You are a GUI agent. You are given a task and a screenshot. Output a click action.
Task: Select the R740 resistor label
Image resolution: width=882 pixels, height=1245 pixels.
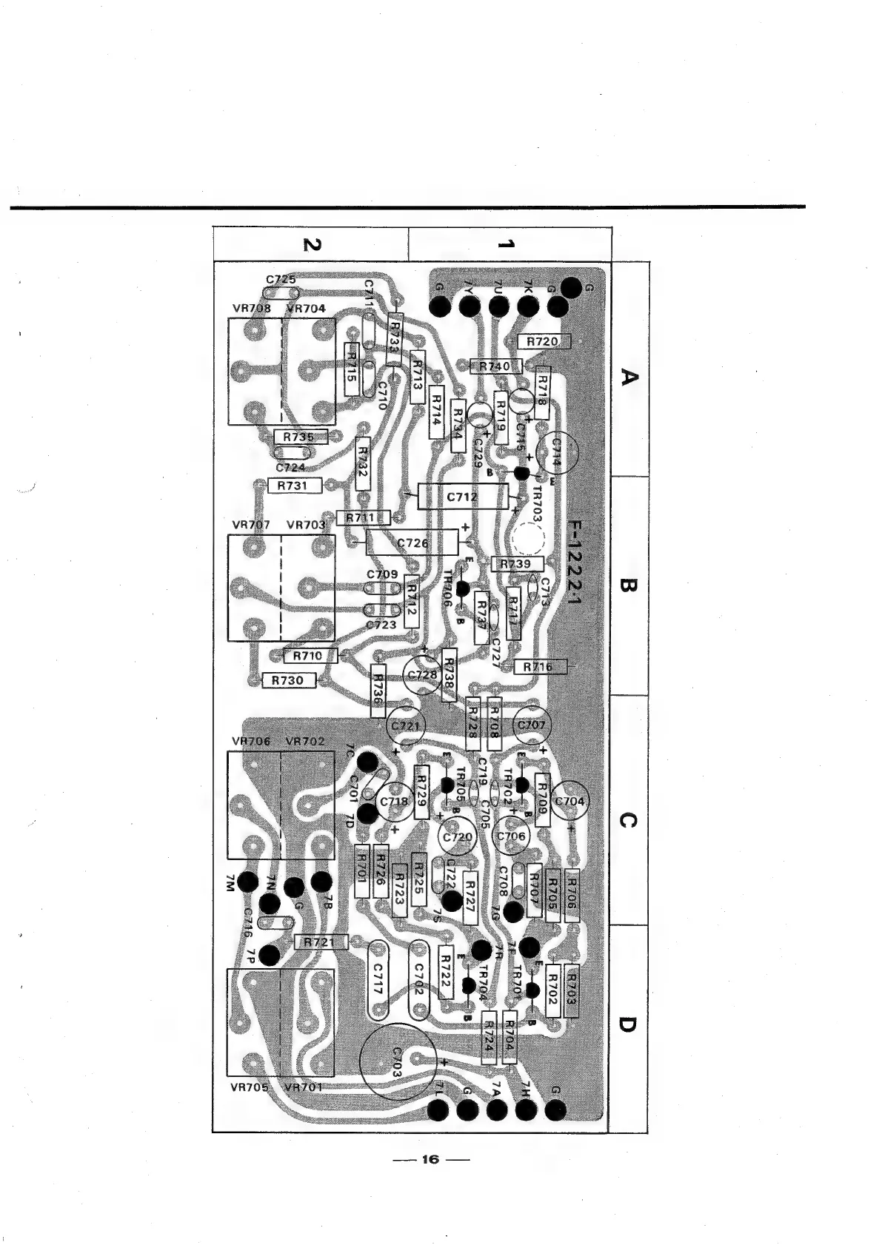tap(495, 366)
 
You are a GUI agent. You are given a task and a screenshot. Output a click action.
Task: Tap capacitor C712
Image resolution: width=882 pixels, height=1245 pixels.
tap(463, 497)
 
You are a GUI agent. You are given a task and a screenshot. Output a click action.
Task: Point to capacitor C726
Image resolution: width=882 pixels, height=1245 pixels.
tap(413, 543)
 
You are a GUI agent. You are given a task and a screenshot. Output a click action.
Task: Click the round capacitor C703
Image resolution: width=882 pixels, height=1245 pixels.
tap(397, 1061)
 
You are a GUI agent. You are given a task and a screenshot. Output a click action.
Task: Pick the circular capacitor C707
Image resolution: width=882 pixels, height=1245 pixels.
tap(532, 725)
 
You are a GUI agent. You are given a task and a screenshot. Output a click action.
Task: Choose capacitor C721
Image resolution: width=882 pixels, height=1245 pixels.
tap(405, 726)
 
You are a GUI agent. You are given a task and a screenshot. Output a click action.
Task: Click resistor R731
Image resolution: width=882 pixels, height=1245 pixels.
tap(293, 486)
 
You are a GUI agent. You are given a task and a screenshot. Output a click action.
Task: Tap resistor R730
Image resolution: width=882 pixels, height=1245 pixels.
tap(288, 679)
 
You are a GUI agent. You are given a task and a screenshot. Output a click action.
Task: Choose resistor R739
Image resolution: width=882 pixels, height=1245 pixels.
tap(516, 564)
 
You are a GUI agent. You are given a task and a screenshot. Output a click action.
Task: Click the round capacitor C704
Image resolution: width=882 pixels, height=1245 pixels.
tap(569, 802)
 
